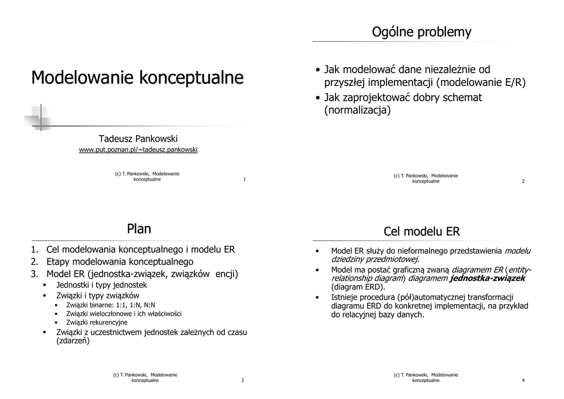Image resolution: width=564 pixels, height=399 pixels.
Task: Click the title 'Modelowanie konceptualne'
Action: pos(137,78)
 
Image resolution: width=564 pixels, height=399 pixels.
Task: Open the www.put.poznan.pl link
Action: pos(138,149)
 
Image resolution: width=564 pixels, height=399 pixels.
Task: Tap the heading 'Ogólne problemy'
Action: pos(421,32)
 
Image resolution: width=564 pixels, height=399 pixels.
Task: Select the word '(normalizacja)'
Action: pos(357,110)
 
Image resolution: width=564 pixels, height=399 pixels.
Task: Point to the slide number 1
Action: pos(244,180)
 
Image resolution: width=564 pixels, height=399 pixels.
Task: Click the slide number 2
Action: pos(523,181)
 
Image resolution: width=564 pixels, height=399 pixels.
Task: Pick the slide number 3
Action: pos(242,380)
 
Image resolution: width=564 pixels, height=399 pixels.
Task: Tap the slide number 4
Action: pos(523,380)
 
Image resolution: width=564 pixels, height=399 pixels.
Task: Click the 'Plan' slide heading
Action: pos(139,228)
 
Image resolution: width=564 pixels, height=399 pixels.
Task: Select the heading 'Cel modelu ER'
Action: pos(421,231)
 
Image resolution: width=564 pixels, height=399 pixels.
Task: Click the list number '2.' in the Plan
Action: pos(34,262)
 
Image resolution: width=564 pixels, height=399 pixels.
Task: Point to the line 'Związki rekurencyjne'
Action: pos(97,322)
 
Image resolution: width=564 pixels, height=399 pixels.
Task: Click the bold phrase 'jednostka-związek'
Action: pos(487,278)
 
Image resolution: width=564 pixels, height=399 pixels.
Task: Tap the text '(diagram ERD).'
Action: pos(358,287)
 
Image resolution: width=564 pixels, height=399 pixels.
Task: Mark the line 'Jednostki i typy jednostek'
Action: pos(102,285)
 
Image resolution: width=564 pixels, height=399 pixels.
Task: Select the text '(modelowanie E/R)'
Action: pos(481,83)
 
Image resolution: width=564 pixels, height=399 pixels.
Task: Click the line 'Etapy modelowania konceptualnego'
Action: pos(120,262)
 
